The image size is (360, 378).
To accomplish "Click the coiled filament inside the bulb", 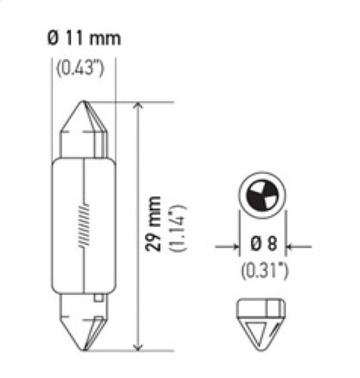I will (x=84, y=233).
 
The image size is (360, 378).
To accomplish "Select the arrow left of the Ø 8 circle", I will (x=226, y=247).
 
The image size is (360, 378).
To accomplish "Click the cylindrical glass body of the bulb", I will (x=83, y=225).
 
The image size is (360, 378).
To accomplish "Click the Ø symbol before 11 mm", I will (x=50, y=39).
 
